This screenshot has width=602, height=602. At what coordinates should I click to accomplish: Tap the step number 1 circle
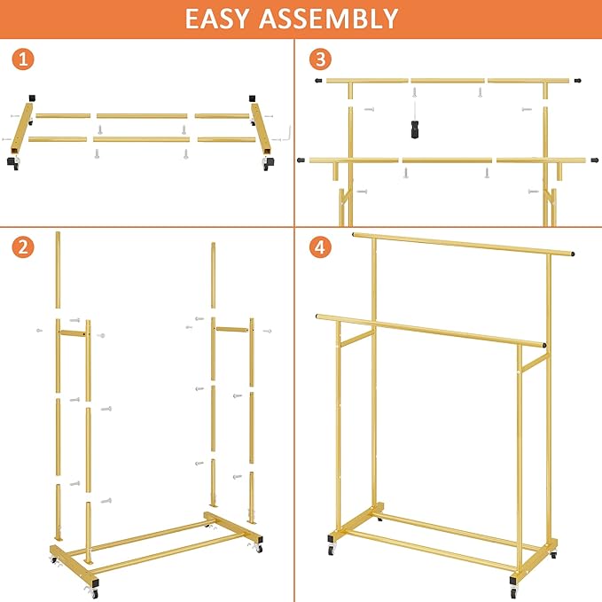point(25,60)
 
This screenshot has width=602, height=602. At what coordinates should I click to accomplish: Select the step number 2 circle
point(25,246)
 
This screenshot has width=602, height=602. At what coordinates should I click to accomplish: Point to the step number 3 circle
point(320,60)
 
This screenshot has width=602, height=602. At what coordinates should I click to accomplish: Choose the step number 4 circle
point(320,246)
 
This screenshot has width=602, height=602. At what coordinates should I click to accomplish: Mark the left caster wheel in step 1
point(14,165)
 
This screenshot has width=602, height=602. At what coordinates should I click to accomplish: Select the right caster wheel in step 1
point(267,164)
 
